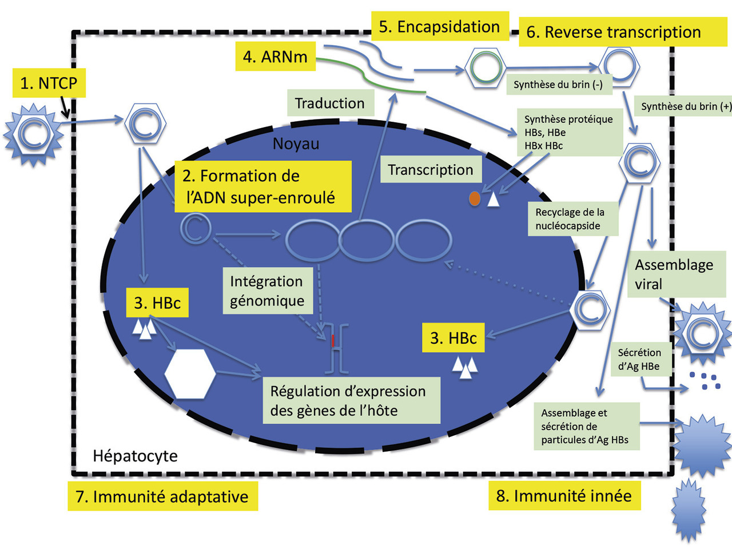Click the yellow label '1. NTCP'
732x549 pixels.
point(49,83)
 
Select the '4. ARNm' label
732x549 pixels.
point(275,57)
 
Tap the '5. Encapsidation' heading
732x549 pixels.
point(439,27)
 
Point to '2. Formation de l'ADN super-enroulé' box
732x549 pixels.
point(263,186)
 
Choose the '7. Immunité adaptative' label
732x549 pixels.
point(162,496)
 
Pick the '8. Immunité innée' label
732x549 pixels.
point(564,496)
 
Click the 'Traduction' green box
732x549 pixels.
point(330,104)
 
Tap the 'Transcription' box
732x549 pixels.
point(431,170)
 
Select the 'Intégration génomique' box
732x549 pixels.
point(267,291)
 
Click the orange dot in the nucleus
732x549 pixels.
point(474,198)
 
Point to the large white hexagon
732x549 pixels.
point(190,373)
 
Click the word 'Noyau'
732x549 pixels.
point(296,144)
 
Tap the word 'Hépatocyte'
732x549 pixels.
point(135,456)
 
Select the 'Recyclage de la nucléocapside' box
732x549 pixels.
point(572,219)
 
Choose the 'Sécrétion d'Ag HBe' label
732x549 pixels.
point(639,360)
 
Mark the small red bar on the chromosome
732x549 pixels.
point(332,341)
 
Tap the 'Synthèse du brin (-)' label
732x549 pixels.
point(558,85)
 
